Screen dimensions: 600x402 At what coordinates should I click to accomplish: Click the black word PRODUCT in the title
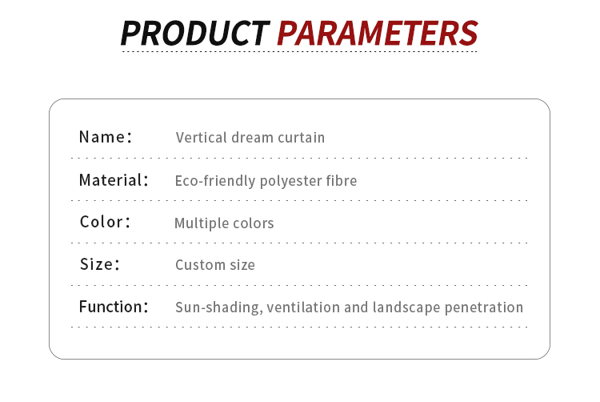(x=195, y=34)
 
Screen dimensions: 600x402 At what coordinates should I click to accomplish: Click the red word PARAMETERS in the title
(x=378, y=34)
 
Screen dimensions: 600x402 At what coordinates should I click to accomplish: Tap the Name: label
(x=106, y=137)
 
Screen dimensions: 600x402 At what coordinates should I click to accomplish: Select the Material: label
(x=114, y=180)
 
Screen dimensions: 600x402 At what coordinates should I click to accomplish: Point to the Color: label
(x=106, y=222)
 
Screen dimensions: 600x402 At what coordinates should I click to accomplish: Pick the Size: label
(x=99, y=264)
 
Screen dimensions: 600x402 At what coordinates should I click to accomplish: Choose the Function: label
(x=114, y=307)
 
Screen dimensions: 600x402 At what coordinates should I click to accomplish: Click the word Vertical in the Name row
(x=202, y=138)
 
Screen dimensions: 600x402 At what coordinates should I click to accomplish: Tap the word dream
(x=252, y=138)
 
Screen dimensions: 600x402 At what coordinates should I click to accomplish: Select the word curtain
(x=301, y=138)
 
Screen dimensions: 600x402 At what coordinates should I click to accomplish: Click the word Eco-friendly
(x=215, y=181)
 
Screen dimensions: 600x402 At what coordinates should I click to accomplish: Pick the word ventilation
(x=303, y=307)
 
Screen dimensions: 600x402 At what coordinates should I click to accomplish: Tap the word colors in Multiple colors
(x=254, y=223)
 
